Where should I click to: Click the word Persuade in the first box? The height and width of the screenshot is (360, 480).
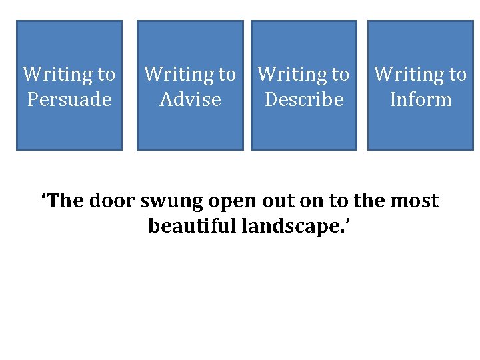[x=69, y=100]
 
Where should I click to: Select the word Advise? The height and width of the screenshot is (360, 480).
[x=190, y=100]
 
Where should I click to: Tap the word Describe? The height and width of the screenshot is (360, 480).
[x=303, y=100]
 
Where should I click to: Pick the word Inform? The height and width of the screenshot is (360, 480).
[x=421, y=100]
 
